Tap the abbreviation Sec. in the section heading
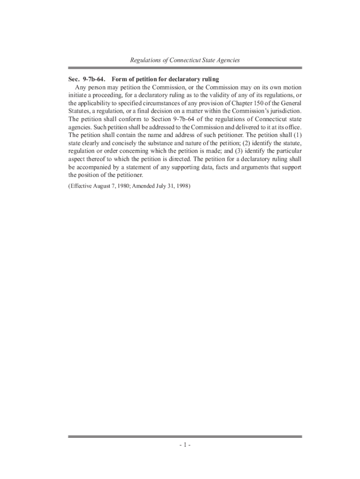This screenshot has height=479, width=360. point(75,79)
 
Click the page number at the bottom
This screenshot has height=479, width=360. point(185,445)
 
